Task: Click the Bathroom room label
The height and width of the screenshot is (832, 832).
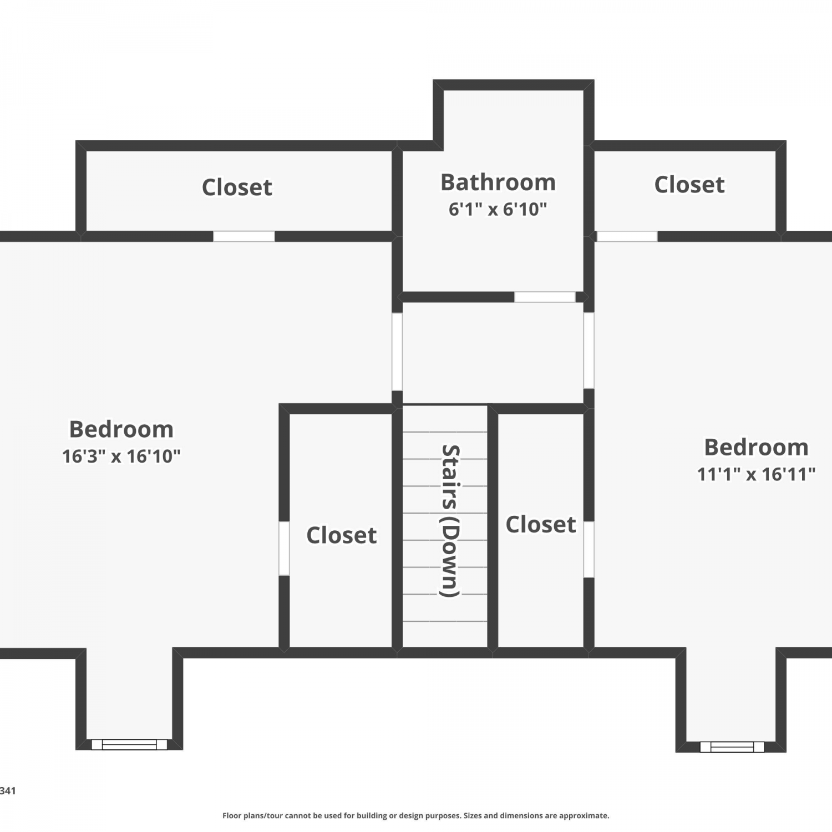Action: (x=498, y=182)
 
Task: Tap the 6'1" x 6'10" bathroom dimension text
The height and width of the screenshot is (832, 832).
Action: (x=498, y=209)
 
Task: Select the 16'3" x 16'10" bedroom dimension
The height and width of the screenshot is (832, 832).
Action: (x=121, y=456)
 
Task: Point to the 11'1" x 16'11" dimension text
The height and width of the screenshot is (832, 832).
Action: (x=756, y=474)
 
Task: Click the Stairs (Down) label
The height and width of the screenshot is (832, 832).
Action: (x=450, y=521)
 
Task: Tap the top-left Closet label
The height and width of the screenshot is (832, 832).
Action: (x=237, y=187)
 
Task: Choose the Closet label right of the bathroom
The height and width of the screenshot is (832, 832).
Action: (x=689, y=185)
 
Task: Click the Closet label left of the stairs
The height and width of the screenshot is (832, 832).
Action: (x=342, y=535)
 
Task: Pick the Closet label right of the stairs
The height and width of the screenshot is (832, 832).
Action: (x=541, y=525)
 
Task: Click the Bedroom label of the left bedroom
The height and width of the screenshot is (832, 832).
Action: (x=121, y=429)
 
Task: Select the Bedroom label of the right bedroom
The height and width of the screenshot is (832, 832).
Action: (x=756, y=447)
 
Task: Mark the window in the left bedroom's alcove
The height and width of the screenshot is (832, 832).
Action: (x=129, y=744)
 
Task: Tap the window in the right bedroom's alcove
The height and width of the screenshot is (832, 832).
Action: (x=732, y=747)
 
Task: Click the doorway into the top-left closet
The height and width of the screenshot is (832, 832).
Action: (x=244, y=236)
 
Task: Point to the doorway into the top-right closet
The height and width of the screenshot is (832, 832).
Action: (x=627, y=236)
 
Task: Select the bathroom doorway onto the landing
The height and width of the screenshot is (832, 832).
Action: (x=545, y=297)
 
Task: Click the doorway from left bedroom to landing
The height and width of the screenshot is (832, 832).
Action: (x=397, y=352)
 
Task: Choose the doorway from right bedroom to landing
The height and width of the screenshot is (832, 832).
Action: (x=589, y=351)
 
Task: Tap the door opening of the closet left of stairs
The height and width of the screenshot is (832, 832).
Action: (x=284, y=548)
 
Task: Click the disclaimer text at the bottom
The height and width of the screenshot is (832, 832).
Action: (x=416, y=815)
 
